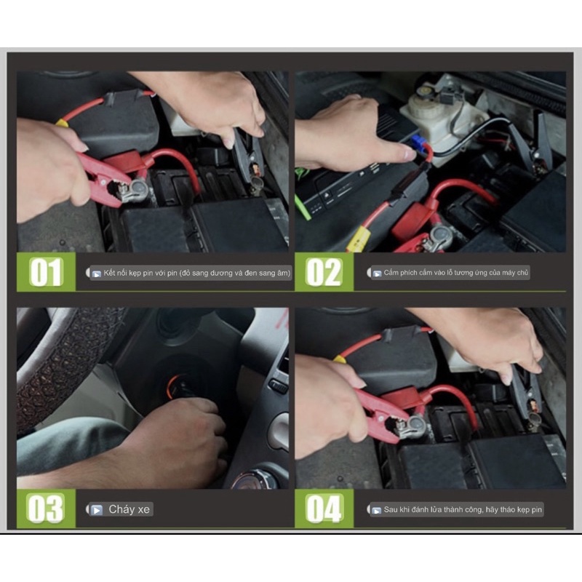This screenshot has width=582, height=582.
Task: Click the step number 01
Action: point(46,272)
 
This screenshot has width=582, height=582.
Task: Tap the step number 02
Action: point(324,272)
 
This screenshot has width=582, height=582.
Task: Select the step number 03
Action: point(46,509)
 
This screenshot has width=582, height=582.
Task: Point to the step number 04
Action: point(324,509)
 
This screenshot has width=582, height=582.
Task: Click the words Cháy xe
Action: point(129,509)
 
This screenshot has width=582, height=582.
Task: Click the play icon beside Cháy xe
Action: point(97,510)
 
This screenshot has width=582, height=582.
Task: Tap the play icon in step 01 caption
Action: point(97,274)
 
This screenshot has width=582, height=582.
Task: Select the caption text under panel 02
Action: point(456,273)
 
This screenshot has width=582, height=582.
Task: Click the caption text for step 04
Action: point(463,510)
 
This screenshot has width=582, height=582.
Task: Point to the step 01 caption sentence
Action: point(196,274)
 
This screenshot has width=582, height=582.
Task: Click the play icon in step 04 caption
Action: point(376,511)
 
